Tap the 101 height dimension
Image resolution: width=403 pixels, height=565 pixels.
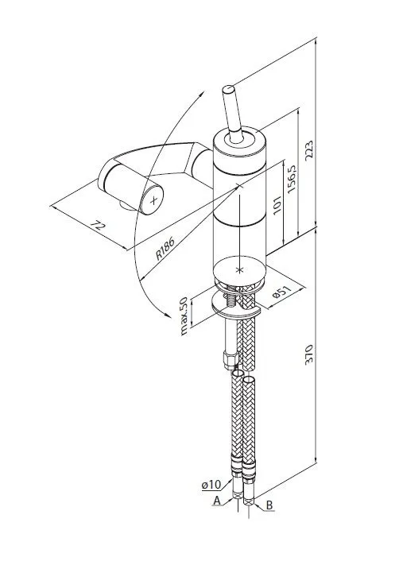[277, 205]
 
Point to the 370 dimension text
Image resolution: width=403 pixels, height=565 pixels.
[309, 355]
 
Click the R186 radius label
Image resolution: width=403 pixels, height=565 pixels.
[165, 248]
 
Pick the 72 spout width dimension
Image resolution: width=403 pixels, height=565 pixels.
[98, 226]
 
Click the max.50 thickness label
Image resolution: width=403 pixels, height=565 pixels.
[184, 316]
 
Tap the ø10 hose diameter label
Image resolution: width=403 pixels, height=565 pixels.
[211, 485]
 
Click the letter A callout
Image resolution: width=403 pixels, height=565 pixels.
[217, 500]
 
